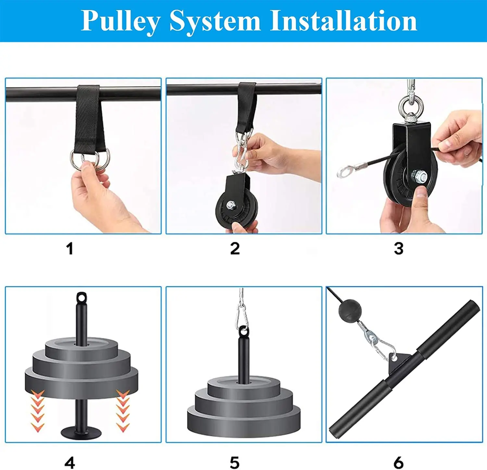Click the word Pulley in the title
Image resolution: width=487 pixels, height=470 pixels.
[120, 21]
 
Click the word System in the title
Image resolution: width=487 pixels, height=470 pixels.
[215, 21]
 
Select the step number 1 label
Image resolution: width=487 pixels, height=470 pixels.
[69, 249]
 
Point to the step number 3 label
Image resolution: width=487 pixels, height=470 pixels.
[398, 249]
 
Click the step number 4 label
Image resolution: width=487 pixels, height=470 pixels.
[70, 462]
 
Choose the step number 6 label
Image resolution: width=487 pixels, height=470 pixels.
[398, 462]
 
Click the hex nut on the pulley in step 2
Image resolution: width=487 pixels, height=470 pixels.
[231, 205]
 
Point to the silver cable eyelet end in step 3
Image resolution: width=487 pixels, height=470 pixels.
[343, 171]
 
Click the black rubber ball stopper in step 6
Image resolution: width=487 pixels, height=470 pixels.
[350, 311]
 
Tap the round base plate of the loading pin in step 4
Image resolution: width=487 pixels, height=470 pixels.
[81, 432]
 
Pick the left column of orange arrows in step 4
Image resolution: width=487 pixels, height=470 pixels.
[38, 411]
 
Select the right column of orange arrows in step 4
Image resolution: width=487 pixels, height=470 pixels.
[123, 411]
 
